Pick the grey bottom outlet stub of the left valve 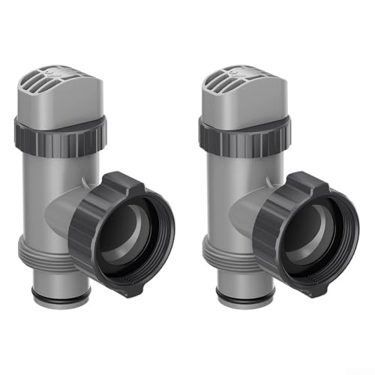click(64, 285)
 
